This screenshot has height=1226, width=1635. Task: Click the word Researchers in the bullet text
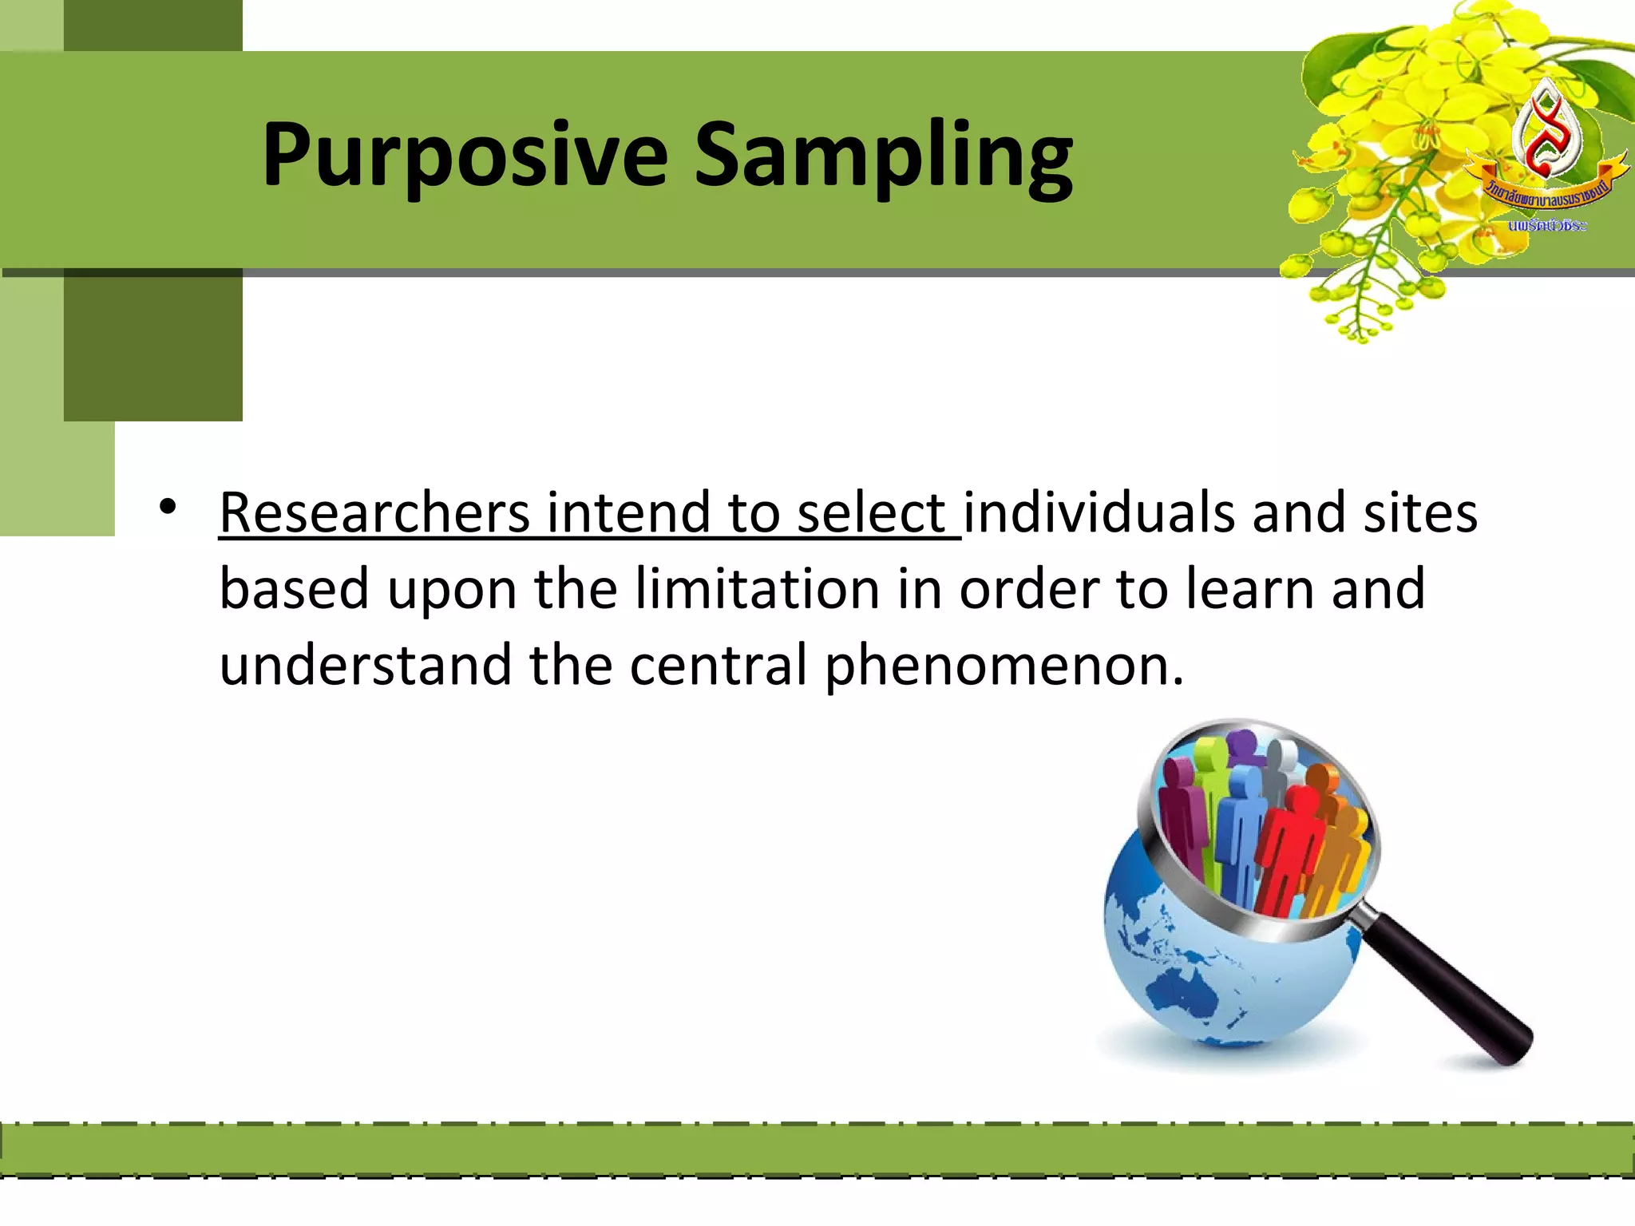[374, 512]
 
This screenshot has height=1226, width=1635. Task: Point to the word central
[719, 666]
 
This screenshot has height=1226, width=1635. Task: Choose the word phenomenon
[1002, 666]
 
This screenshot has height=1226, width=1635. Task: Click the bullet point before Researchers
[167, 507]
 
